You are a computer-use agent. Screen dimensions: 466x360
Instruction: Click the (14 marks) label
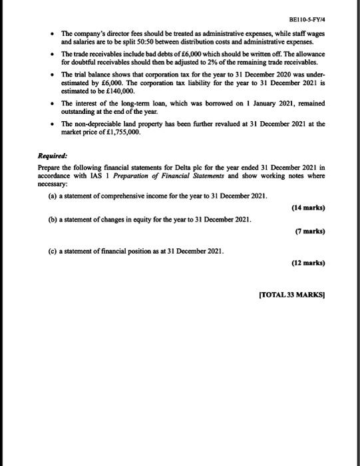pyautogui.click(x=308, y=208)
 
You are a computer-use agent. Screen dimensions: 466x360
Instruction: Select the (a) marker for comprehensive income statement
pyautogui.click(x=51, y=197)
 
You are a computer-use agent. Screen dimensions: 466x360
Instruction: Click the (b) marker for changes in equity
pyautogui.click(x=51, y=220)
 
